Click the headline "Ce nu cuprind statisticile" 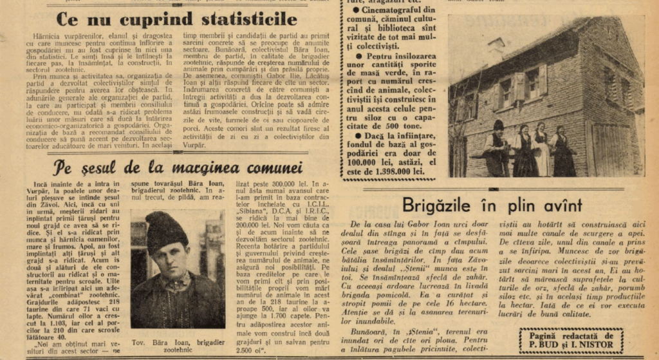coord(176,18)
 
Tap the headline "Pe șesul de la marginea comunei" coord(178,168)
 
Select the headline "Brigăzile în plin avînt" coord(492,205)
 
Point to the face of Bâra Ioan coord(169,256)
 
